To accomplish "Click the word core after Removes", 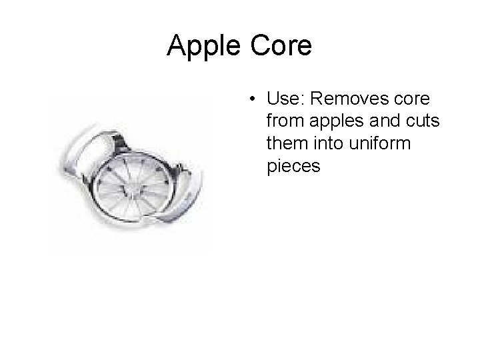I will pos(413,100).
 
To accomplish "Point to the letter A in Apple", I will pos(177,46).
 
